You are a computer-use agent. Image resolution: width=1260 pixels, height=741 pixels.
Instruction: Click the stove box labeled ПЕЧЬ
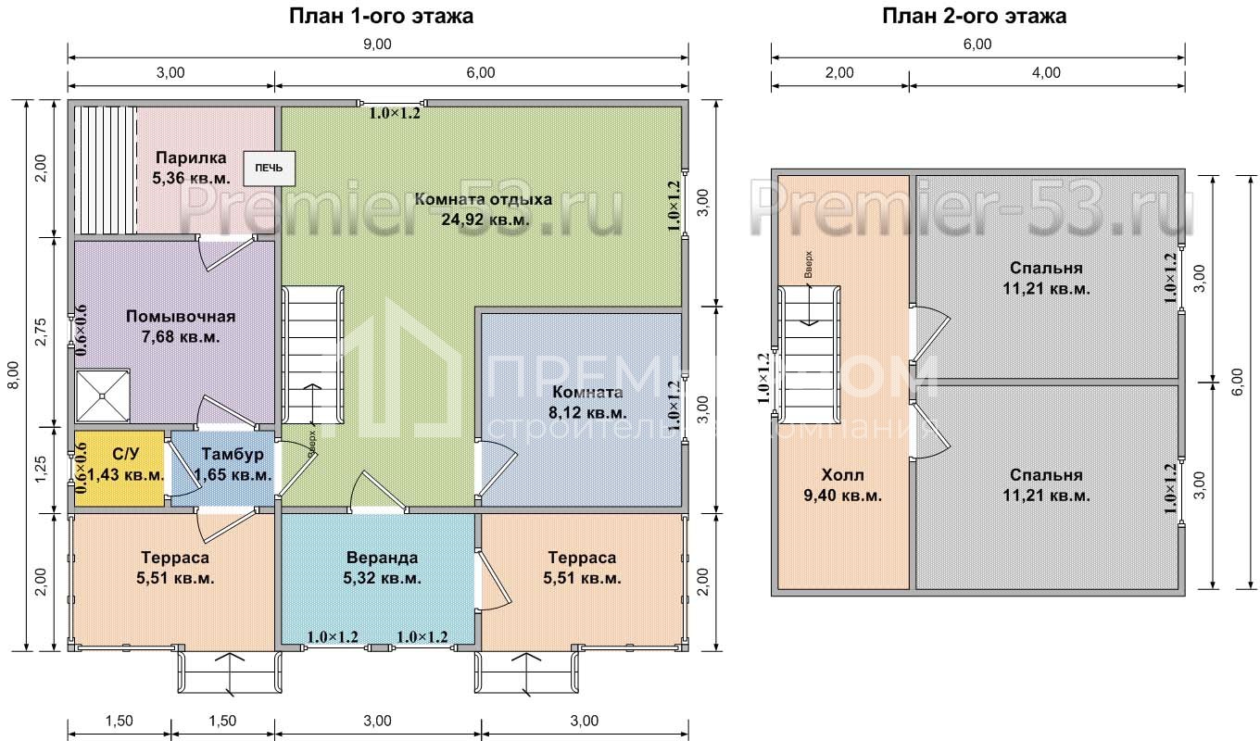(x=269, y=168)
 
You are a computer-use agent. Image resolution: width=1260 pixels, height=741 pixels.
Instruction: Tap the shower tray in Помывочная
(x=103, y=396)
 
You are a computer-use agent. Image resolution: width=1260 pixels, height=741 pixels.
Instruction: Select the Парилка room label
(x=191, y=157)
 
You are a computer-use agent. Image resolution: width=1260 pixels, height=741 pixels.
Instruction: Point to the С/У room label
(x=125, y=454)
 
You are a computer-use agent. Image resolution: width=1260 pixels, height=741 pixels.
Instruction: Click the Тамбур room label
(x=233, y=454)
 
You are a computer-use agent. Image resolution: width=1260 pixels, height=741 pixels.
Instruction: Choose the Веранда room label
(x=382, y=558)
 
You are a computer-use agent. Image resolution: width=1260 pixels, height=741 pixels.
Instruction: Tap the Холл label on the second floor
(x=843, y=475)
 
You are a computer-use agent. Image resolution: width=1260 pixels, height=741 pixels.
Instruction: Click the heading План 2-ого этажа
(x=974, y=16)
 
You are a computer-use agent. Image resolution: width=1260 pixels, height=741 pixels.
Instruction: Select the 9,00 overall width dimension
(x=377, y=44)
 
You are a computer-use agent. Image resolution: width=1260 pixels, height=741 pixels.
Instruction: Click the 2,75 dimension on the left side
(x=41, y=332)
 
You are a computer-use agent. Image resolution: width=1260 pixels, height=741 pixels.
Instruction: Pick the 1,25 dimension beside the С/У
(x=41, y=469)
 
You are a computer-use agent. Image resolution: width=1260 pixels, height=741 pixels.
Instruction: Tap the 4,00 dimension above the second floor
(x=1046, y=72)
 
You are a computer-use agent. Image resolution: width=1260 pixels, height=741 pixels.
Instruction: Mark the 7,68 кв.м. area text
(x=180, y=337)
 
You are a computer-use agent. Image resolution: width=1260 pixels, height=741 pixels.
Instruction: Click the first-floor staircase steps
(x=312, y=356)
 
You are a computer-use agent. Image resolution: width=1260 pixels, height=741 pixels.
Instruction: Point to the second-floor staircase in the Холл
(x=810, y=354)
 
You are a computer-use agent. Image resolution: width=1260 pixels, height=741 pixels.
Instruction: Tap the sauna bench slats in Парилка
(x=107, y=170)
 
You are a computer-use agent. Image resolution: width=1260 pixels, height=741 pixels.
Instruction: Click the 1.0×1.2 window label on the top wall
(x=395, y=114)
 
